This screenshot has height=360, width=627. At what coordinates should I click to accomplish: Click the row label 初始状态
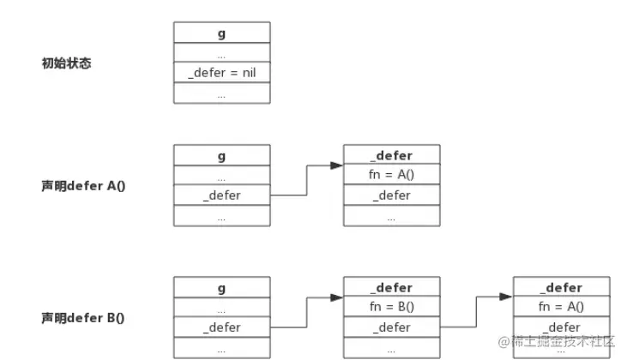pos(66,63)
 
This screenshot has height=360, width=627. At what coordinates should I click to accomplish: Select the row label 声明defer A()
pos(83,185)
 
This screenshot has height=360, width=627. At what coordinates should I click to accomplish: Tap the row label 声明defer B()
pos(83,317)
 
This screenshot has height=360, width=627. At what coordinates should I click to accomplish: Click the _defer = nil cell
pos(221,73)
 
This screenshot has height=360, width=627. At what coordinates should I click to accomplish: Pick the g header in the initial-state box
pos(221,33)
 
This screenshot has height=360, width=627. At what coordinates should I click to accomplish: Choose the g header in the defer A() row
pos(221,156)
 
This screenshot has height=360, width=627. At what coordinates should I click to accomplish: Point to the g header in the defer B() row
pos(221,288)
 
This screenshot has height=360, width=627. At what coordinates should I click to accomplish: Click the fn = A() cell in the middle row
pos(391,176)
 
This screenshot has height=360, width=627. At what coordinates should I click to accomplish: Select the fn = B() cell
pos(391,308)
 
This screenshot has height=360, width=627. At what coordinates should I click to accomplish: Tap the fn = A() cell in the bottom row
pos(561,308)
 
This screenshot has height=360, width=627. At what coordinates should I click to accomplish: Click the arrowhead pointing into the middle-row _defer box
pos(336,165)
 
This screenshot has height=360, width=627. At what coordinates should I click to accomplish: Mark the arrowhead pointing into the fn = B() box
pos(336,297)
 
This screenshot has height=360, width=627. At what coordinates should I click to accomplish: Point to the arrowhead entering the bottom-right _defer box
pos(506,297)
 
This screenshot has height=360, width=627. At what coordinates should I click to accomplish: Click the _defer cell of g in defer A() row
pos(221,195)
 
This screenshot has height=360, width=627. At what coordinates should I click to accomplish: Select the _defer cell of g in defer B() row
pos(221,327)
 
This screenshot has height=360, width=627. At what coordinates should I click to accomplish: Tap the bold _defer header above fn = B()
pos(391,288)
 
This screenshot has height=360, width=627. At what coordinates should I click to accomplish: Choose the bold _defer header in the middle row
pos(391,156)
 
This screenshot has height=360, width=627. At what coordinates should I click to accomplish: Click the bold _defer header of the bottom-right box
pos(561,288)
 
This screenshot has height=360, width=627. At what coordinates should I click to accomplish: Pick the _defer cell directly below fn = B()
pos(391,327)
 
